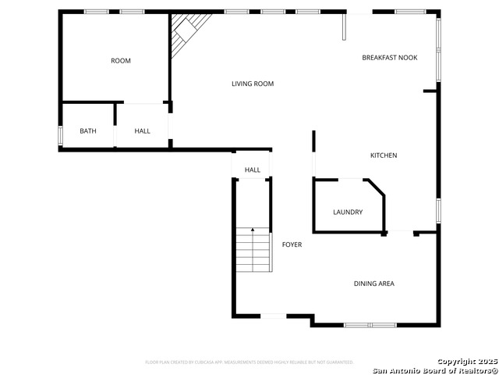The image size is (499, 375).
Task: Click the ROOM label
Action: pos(121,61)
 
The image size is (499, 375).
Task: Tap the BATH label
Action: pos(88,130)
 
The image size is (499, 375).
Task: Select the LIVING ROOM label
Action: pos(253,84)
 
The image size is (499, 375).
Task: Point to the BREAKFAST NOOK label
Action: pos(390,58)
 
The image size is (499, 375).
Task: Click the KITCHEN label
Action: pos(384,155)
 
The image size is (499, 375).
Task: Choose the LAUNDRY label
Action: pos(348,212)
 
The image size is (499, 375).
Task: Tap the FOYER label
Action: pos(292,245)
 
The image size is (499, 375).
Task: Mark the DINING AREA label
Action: pos(374,284)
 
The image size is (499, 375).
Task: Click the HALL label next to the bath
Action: pos(142,130)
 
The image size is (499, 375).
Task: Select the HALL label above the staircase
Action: pos(253,170)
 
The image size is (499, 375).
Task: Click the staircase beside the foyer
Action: pos(253,252)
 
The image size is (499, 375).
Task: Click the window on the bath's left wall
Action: pos(60,135)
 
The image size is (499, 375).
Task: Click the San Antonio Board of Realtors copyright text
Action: pos(434,370)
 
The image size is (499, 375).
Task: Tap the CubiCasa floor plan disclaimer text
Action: pos(249,362)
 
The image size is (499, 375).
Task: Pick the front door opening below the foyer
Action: pos(273,316)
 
